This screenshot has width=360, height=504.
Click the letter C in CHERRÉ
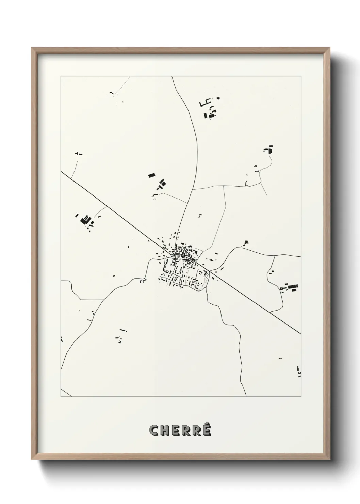click(x=153, y=430)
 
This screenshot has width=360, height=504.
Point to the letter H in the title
click(x=164, y=430)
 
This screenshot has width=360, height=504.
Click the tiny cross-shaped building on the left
click(x=79, y=154)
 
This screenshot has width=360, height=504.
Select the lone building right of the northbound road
click(x=200, y=215)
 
